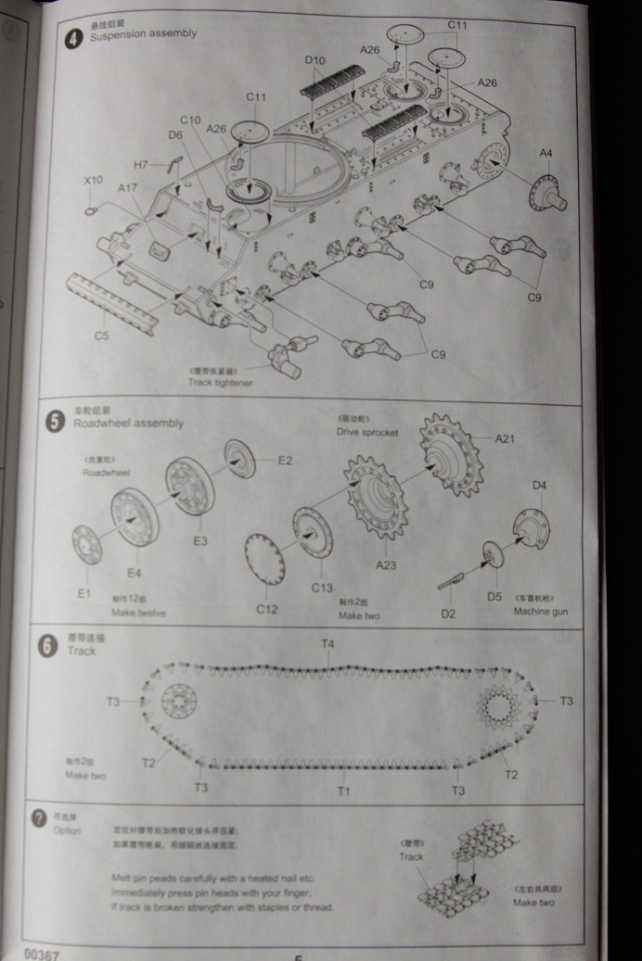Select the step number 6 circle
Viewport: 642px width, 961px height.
point(47,645)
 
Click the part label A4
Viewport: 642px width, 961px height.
point(546,153)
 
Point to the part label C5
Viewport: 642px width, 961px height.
point(102,336)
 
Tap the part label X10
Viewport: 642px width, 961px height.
point(93,180)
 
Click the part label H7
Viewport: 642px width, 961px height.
point(140,165)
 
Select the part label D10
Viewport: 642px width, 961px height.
point(315,61)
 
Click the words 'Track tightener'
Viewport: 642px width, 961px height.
point(220,382)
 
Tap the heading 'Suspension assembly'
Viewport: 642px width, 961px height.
point(143,34)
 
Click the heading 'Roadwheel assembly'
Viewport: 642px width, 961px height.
point(129,424)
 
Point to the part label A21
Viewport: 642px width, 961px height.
point(505,439)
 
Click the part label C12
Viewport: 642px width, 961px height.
point(266,608)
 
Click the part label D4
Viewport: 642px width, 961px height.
point(540,485)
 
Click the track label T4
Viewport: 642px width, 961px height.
point(327,644)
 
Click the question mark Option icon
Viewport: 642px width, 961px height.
point(39,818)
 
